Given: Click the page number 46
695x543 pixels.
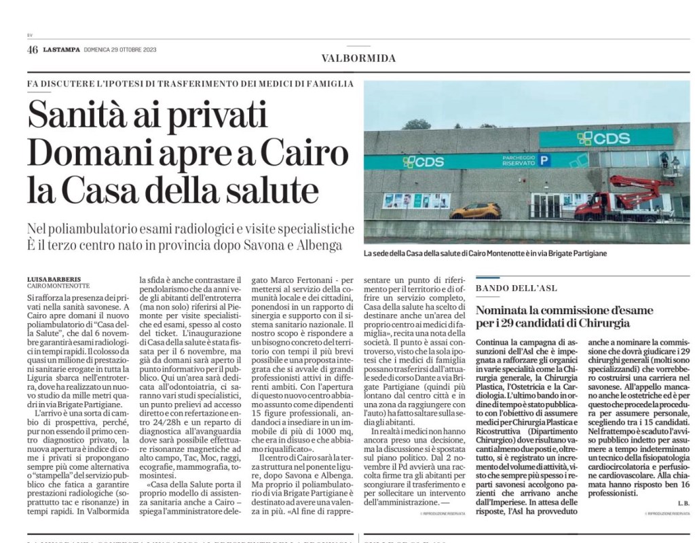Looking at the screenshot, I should tap(33, 50).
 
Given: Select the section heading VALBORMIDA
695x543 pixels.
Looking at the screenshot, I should tap(358, 58).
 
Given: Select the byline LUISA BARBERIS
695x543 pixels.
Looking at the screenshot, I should tap(54, 279).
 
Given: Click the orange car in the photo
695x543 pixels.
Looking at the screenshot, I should tap(476, 210).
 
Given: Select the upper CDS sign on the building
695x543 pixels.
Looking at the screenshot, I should tap(598, 138).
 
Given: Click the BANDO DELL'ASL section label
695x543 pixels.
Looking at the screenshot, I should tap(516, 288).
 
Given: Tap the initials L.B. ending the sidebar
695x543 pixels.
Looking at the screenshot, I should tap(682, 503).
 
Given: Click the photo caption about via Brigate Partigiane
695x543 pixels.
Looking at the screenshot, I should tap(485, 253).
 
